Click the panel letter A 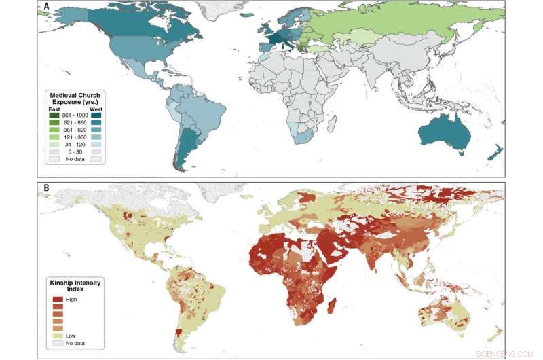tap(46, 7)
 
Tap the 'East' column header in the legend tap(54, 109)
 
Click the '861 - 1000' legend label tap(76, 116)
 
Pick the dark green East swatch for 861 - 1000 tap(54, 116)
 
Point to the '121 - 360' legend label tap(76, 137)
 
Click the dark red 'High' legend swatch tap(57, 299)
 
